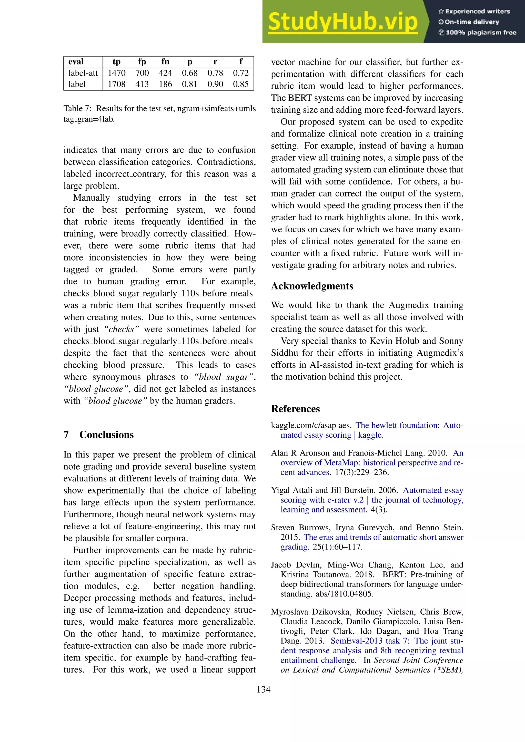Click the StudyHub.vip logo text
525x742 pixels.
tap(343, 22)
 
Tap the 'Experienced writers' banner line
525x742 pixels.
tap(474, 11)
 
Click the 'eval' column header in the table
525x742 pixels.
tap(76, 61)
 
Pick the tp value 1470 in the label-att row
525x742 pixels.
tap(116, 73)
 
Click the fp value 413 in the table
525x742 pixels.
tap(142, 84)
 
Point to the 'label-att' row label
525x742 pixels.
tap(83, 73)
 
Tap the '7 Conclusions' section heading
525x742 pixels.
tap(99, 434)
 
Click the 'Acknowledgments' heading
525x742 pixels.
tap(312, 286)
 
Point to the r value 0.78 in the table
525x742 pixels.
tap(215, 73)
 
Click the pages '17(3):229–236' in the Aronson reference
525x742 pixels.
tap(362, 472)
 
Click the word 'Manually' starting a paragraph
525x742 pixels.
tap(91, 198)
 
